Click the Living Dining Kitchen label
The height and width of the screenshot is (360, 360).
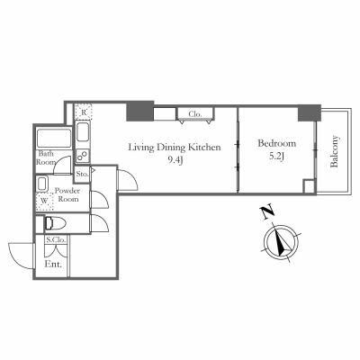click(x=174, y=148)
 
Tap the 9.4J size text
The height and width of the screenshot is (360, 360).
click(x=175, y=162)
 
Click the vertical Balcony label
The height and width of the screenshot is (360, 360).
click(x=335, y=151)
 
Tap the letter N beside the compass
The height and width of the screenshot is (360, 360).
click(x=265, y=213)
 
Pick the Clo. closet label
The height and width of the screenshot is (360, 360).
click(x=193, y=114)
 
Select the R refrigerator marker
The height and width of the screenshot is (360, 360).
click(x=84, y=112)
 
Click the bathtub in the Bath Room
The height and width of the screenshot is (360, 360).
click(x=52, y=139)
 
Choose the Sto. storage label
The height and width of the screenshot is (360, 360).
click(x=82, y=173)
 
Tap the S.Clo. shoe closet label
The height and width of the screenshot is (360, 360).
click(x=56, y=241)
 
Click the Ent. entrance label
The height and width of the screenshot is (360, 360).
click(x=54, y=265)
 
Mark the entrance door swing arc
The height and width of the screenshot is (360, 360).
click(x=20, y=255)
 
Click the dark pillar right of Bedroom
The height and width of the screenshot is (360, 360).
click(x=310, y=112)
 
